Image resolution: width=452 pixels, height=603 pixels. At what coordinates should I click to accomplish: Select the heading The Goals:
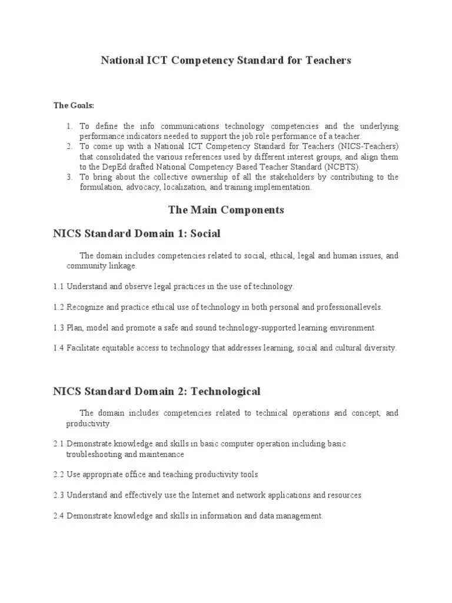pos(74,105)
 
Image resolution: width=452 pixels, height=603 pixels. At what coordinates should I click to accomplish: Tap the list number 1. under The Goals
pos(69,127)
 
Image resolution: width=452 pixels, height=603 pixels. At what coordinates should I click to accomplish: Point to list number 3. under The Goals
pos(69,177)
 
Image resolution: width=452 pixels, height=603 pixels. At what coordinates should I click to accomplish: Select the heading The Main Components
pos(226,210)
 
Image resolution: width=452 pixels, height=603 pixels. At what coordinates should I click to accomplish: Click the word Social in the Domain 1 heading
pos(204,234)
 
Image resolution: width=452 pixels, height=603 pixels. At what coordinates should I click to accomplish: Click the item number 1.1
pos(58,287)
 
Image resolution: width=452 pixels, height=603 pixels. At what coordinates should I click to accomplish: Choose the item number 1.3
pos(58,328)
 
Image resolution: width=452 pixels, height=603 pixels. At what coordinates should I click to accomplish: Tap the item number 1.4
pos(58,348)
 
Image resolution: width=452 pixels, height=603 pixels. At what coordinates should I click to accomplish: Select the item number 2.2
pos(58,475)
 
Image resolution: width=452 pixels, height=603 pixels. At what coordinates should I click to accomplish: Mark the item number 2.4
pos(58,516)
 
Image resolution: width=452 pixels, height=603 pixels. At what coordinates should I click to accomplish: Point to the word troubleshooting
pos(94,455)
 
